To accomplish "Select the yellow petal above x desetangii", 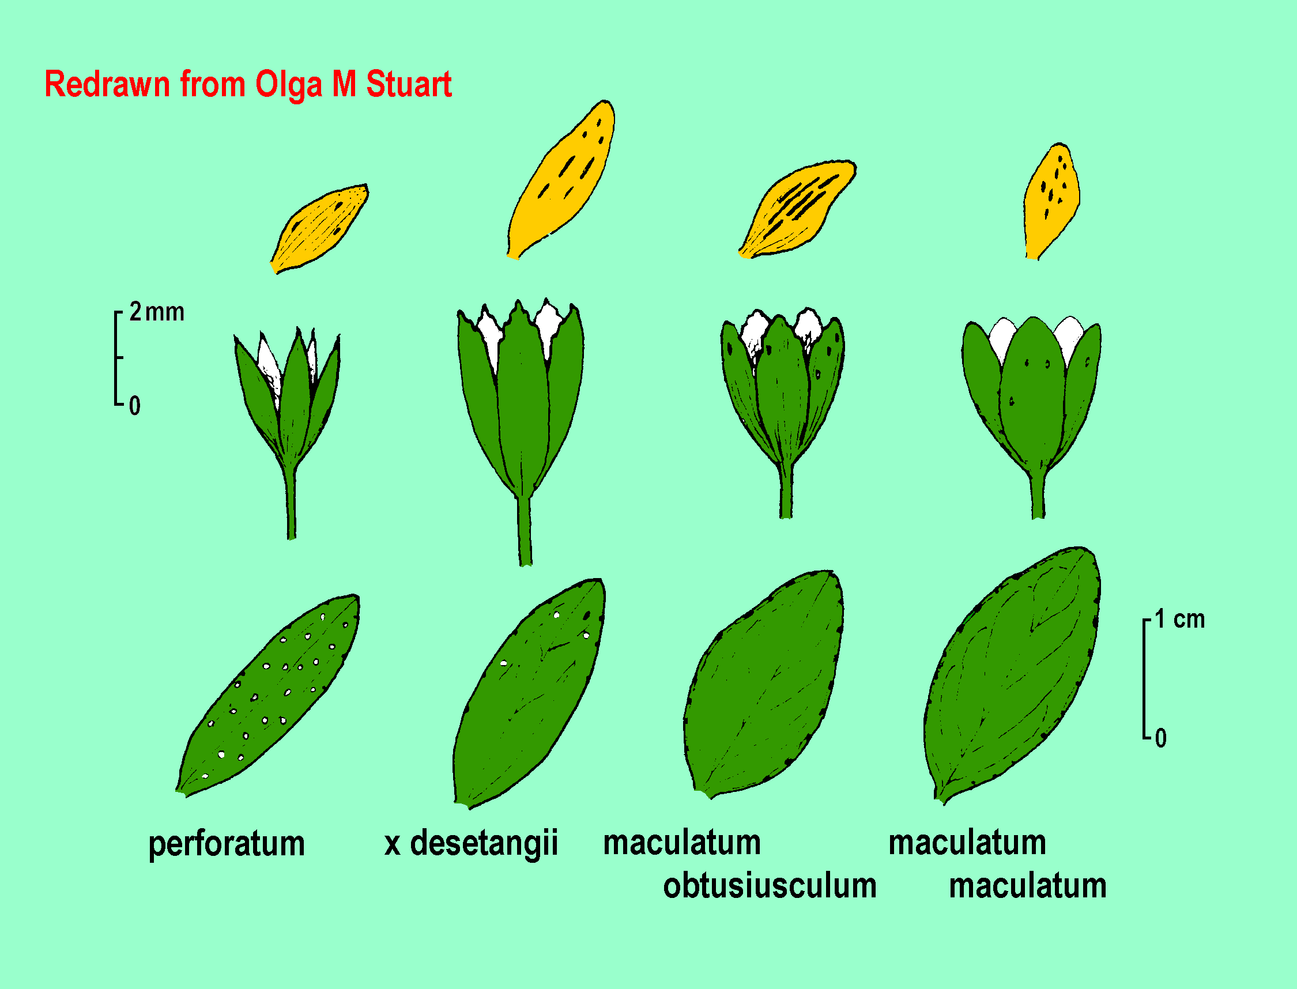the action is pos(561,180).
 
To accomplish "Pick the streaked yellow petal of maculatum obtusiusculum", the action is pos(797,209).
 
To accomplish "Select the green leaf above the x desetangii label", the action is pos(529,693).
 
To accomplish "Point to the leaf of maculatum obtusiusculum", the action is pos(764,684).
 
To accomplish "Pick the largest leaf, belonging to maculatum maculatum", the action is pos(1012,675).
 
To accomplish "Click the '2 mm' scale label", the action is pos(157,312).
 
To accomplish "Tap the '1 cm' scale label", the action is pos(1179,620).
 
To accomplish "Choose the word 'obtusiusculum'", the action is pos(770,886).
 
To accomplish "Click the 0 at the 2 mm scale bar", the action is pos(135,406).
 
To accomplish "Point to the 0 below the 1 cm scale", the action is pos(1160,738).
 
